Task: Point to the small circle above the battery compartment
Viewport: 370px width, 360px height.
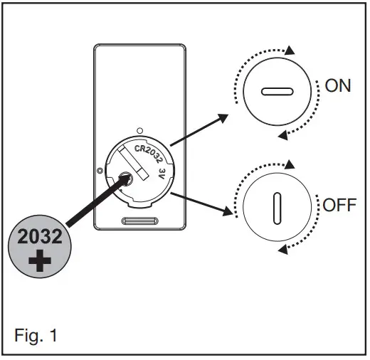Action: point(140,129)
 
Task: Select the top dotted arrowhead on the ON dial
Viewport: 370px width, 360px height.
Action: point(289,50)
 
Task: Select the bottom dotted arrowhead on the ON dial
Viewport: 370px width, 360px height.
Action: point(282,135)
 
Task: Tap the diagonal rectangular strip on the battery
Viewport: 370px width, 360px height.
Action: point(142,163)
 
